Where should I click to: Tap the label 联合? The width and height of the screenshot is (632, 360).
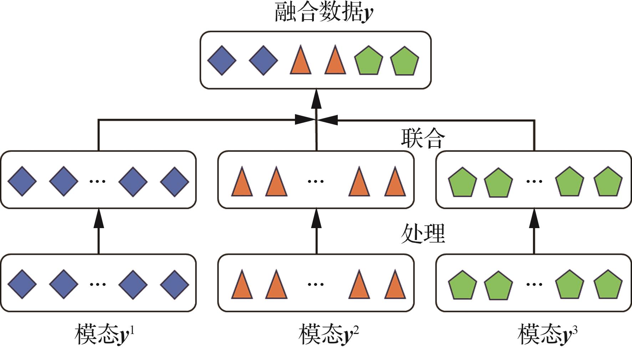[423, 138]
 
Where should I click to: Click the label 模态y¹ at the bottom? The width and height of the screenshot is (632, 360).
[105, 334]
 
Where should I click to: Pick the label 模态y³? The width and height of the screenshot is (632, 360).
[547, 334]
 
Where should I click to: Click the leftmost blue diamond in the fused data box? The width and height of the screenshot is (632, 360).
[222, 60]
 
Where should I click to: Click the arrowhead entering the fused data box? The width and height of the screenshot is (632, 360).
[316, 99]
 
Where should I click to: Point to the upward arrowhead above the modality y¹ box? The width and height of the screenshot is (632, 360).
[99, 218]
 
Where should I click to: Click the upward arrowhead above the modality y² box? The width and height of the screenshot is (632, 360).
[316, 218]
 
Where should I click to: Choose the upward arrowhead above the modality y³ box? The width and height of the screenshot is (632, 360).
[534, 218]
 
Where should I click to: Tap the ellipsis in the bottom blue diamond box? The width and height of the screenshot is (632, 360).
[97, 284]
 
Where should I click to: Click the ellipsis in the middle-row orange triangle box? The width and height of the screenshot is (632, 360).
[316, 181]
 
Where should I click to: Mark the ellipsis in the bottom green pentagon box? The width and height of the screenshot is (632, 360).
[534, 284]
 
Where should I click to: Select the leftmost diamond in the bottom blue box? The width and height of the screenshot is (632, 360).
[22, 284]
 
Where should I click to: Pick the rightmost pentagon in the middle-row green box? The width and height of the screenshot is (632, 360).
[608, 182]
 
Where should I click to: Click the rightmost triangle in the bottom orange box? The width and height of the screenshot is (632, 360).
[395, 285]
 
